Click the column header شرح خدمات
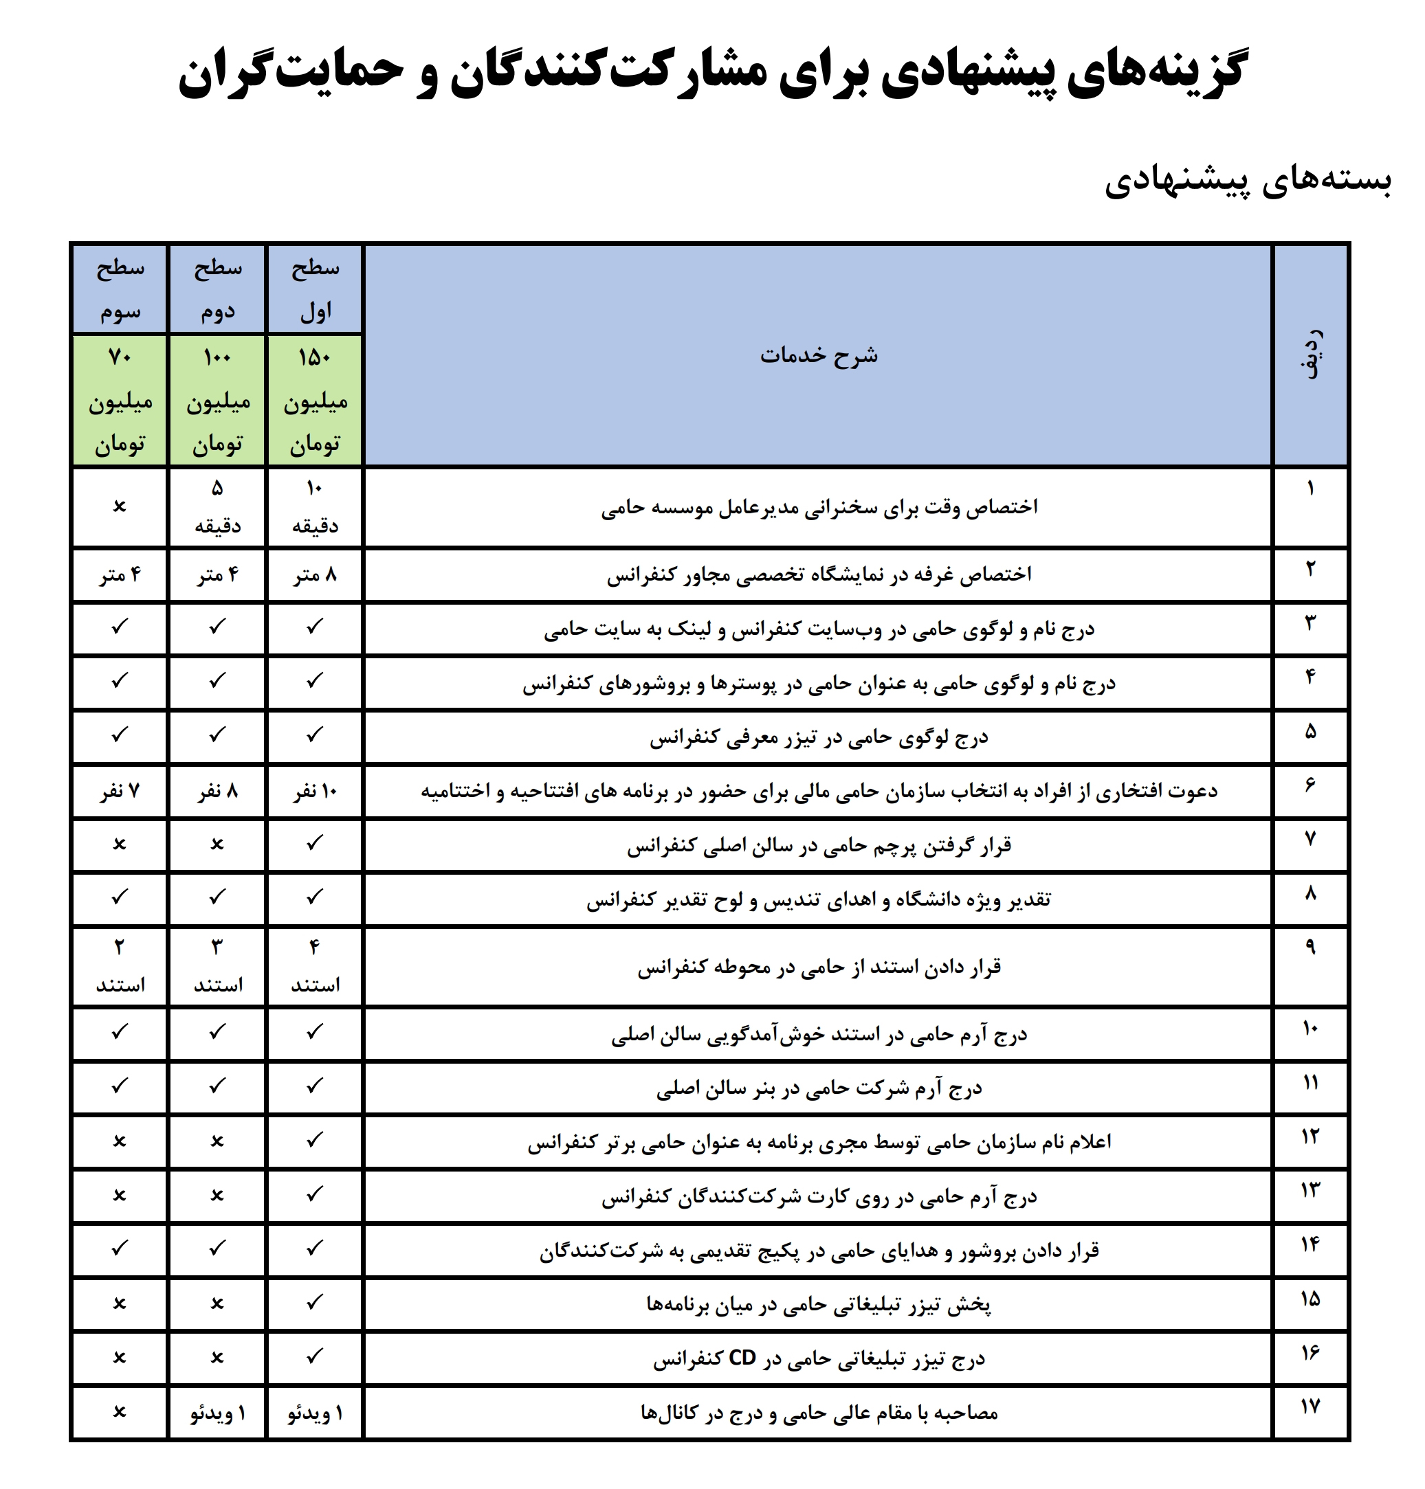tap(818, 355)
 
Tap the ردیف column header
tap(1310, 354)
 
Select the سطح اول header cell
tap(314, 289)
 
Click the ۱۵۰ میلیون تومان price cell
tap(314, 400)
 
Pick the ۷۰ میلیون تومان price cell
tap(119, 400)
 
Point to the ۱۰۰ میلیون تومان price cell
tap(217, 400)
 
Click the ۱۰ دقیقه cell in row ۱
tap(314, 506)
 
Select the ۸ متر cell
tap(314, 575)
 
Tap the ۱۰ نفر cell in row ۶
tap(314, 791)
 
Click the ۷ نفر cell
tap(119, 791)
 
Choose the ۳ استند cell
tap(217, 966)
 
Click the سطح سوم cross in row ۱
tap(119, 506)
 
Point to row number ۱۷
tap(1310, 1407)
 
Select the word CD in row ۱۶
tap(742, 1358)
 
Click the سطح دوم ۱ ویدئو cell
tap(217, 1412)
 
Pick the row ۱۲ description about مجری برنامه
tap(818, 1142)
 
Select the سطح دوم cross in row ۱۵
tap(217, 1303)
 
